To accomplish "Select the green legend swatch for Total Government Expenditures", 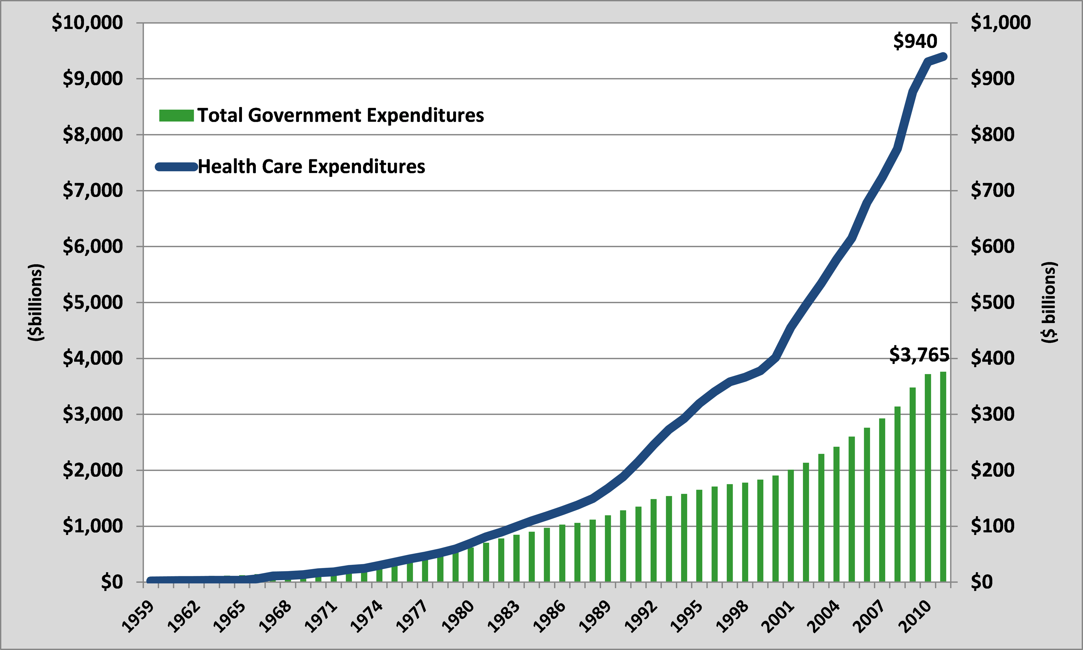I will point(176,116).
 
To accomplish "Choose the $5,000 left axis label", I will point(93,302).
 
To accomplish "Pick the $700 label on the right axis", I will point(992,191).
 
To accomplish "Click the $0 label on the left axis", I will point(112,582).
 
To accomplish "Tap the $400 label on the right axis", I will point(992,358).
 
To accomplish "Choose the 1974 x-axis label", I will point(367,616).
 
